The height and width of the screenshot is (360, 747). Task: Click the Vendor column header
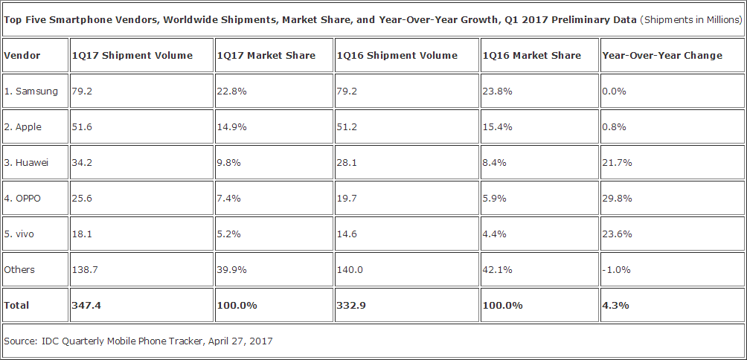22,55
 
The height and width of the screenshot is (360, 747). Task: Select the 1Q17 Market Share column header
266,55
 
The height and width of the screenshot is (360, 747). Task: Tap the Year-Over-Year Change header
662,55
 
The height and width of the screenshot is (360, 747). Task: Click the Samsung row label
31,91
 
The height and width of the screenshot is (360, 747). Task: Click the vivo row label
23,234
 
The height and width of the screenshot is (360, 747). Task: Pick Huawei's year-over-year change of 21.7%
617,163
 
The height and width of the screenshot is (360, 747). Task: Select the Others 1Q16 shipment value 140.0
350,270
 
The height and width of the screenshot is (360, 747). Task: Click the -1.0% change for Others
615,270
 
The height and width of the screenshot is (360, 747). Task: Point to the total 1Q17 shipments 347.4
85,305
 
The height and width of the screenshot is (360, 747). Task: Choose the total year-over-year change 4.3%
614,305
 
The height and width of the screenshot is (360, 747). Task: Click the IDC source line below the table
138,341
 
